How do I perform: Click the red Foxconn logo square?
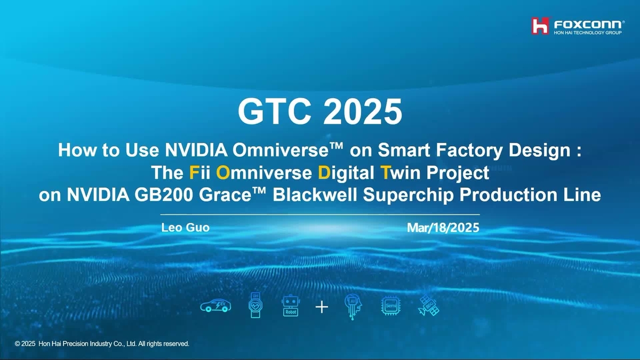(540, 25)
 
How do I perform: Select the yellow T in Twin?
(385, 173)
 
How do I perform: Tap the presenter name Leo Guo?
(185, 228)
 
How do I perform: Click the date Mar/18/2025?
(443, 228)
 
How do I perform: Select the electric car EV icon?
(215, 307)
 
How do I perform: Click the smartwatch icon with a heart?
(255, 306)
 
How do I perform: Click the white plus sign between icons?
(322, 307)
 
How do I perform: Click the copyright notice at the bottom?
(102, 344)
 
